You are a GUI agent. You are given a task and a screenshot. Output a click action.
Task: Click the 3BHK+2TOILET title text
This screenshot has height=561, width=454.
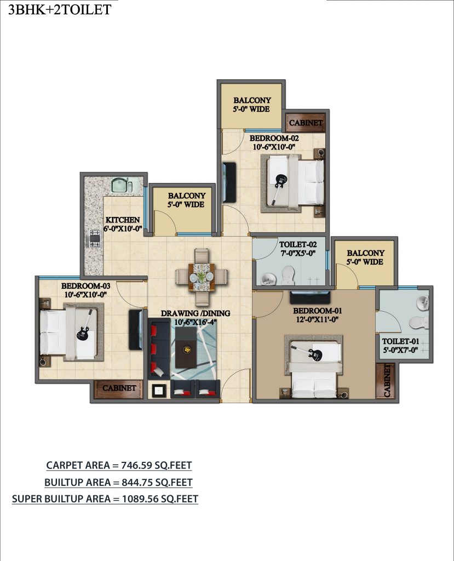(x=59, y=9)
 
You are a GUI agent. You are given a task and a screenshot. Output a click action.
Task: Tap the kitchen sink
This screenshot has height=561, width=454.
(x=122, y=185)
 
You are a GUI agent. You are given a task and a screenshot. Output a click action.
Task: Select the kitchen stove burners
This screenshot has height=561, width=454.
(x=95, y=239)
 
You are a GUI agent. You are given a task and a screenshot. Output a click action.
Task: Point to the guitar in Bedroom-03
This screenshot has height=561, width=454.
(x=85, y=325)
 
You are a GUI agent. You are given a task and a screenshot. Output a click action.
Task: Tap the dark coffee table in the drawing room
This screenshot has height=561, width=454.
(x=186, y=347)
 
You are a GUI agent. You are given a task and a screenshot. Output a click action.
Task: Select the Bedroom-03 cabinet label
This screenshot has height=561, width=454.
(x=119, y=388)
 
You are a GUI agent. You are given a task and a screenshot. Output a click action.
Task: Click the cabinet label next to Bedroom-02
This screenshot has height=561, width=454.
(x=306, y=123)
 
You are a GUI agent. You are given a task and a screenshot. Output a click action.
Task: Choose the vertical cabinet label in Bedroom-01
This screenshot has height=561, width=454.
(x=387, y=380)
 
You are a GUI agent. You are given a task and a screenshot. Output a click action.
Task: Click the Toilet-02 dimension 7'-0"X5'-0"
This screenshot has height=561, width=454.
(x=298, y=254)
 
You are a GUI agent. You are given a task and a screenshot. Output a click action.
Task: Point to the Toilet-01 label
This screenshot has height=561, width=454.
(x=400, y=341)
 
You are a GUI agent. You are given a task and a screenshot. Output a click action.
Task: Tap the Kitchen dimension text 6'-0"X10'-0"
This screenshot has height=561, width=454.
(x=123, y=228)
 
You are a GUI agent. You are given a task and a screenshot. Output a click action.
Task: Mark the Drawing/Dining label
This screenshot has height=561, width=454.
(x=196, y=313)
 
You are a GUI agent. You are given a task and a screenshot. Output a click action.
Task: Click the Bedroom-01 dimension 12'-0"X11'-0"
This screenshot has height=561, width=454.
(x=317, y=320)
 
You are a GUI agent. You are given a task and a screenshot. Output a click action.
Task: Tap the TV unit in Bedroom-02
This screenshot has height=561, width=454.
(x=229, y=182)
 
